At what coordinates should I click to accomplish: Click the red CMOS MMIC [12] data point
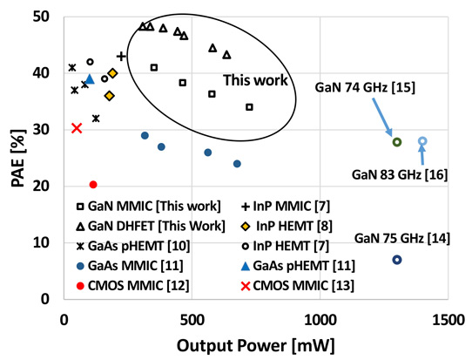pyautogui.click(x=93, y=185)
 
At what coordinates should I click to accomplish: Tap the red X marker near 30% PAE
pyautogui.click(x=77, y=128)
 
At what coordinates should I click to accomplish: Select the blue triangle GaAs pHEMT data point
pyautogui.click(x=90, y=79)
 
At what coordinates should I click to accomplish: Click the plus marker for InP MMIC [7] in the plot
pyautogui.click(x=121, y=56)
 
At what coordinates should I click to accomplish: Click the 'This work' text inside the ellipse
pyautogui.click(x=255, y=80)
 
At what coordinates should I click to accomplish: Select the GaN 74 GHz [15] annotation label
pyautogui.click(x=365, y=88)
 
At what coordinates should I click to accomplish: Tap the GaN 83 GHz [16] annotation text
pyautogui.click(x=400, y=174)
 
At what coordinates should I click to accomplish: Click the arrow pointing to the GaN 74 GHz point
pyautogui.click(x=382, y=117)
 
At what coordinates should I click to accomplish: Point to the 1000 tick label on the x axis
pyautogui.click(x=320, y=320)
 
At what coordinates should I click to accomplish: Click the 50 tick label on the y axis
pyautogui.click(x=41, y=17)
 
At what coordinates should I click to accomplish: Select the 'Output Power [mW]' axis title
pyautogui.click(x=255, y=345)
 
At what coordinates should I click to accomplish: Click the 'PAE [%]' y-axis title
pyautogui.click(x=18, y=158)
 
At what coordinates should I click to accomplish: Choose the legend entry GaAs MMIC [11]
pyautogui.click(x=130, y=266)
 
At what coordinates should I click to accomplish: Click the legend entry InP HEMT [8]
pyautogui.click(x=287, y=226)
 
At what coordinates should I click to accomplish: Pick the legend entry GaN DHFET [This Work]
pyautogui.click(x=151, y=226)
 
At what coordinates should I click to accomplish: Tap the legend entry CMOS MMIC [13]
pyautogui.click(x=298, y=286)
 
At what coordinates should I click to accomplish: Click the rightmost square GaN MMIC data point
pyautogui.click(x=249, y=107)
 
